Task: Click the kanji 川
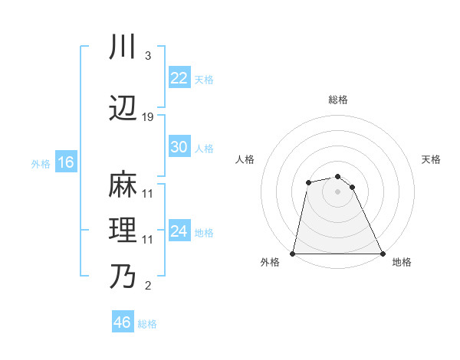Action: (x=122, y=47)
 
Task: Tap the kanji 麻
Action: (x=122, y=185)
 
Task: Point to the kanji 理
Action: (x=122, y=231)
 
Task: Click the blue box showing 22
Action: (x=179, y=78)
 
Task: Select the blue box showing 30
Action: (x=179, y=147)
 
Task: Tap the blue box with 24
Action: (x=179, y=231)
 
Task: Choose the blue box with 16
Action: (x=65, y=162)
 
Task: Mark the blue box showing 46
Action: (x=122, y=322)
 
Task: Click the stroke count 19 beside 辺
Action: (x=148, y=117)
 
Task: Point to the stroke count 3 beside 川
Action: (x=147, y=56)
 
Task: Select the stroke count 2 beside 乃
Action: (x=147, y=286)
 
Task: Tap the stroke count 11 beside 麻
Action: (x=148, y=194)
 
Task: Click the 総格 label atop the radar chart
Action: (x=338, y=100)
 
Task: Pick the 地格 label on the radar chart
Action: (x=402, y=263)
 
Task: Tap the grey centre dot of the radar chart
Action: (x=337, y=191)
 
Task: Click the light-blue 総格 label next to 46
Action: (x=147, y=324)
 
